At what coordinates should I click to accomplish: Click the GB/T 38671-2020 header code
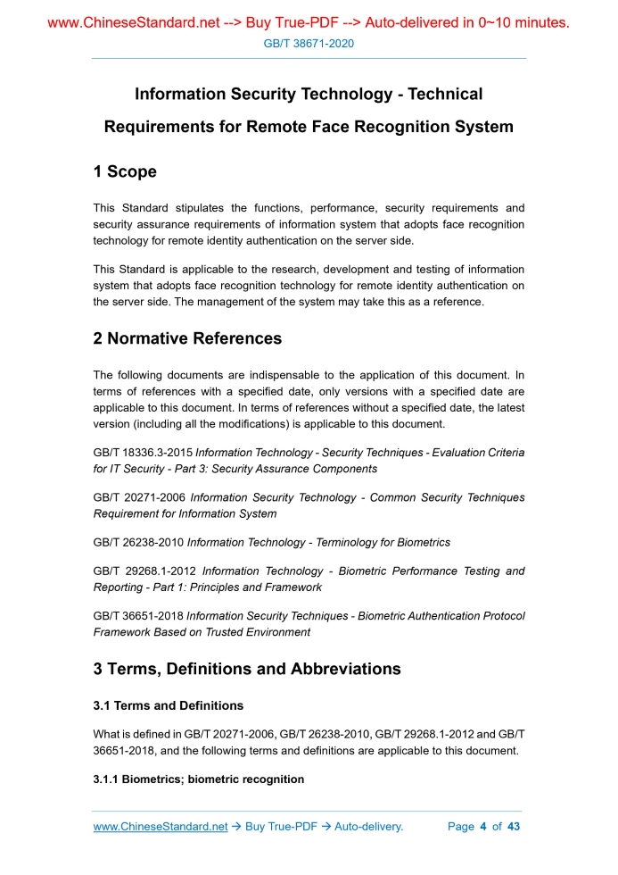point(309,43)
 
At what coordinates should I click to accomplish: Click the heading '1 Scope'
point(125,171)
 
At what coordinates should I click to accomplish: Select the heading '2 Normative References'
point(187,338)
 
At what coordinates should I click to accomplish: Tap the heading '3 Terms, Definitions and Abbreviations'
point(247,669)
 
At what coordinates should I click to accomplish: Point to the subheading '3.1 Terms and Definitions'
point(168,705)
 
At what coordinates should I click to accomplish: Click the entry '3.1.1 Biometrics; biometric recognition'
point(198,779)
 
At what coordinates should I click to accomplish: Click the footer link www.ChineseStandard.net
point(161,827)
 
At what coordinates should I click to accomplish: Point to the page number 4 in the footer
point(482,827)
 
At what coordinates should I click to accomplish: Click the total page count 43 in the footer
point(514,827)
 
